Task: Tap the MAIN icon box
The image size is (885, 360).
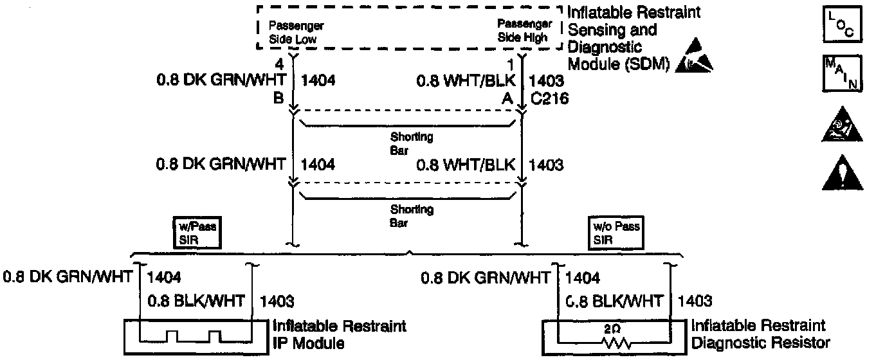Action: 841,74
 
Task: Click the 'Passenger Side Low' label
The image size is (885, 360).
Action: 295,32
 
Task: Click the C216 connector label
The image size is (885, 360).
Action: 546,99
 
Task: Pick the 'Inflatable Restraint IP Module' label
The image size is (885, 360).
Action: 339,334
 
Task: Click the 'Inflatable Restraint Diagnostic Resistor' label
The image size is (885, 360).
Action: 760,334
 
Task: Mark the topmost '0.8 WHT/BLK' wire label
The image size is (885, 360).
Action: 466,81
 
